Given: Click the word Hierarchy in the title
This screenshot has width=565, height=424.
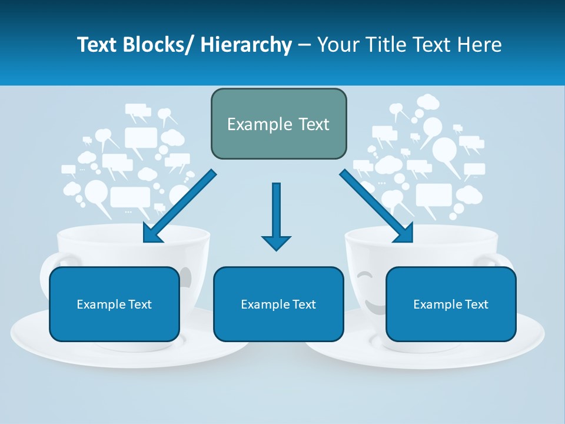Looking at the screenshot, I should point(246,45).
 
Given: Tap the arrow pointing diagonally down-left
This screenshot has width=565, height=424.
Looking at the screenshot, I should point(179,207).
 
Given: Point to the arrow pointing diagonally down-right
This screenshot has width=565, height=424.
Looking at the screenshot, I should point(377,207).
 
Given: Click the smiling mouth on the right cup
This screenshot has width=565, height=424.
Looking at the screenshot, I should point(374,306).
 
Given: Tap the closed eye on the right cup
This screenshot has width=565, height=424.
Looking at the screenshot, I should point(365,275).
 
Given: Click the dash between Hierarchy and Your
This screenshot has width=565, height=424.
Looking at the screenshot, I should point(304,45).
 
